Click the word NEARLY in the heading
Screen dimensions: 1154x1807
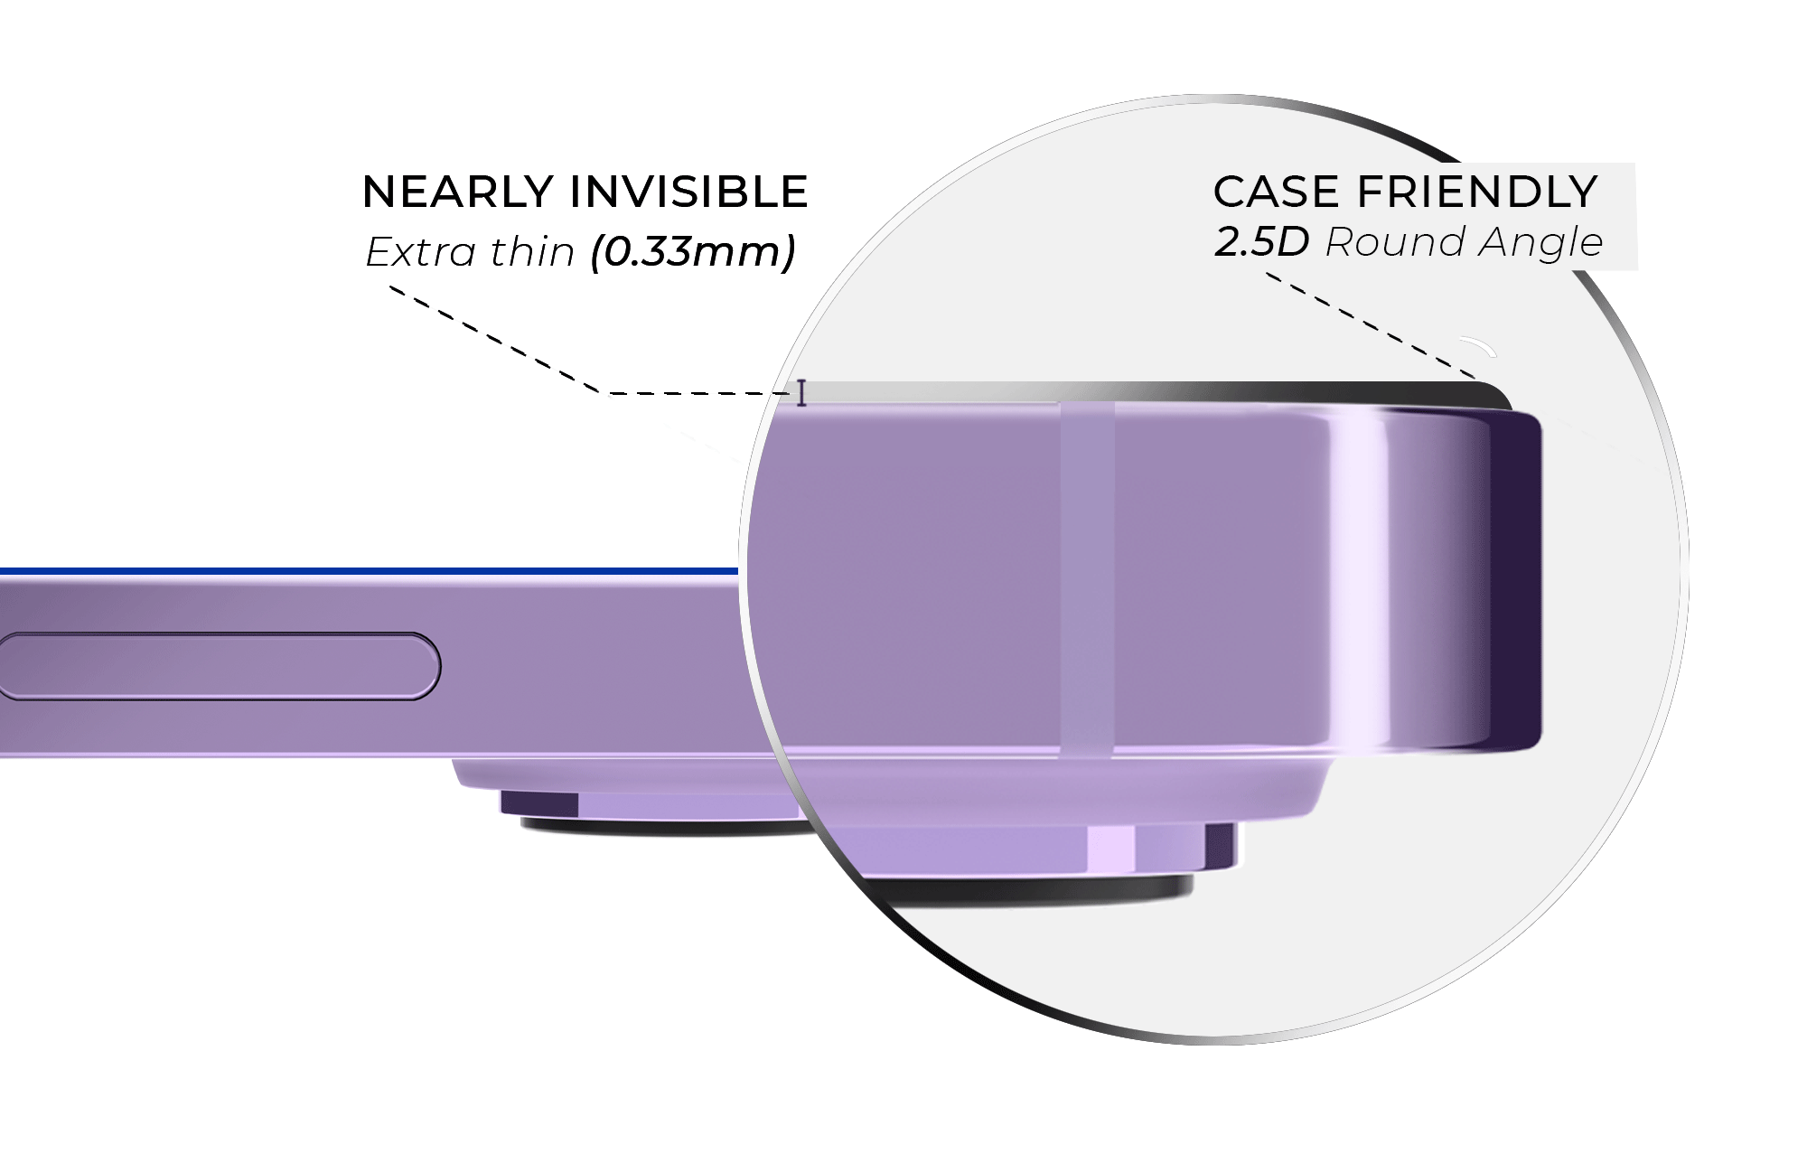(457, 192)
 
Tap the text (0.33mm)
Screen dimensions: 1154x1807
(693, 251)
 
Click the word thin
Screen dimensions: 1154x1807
(532, 252)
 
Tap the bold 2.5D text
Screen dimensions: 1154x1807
(1261, 242)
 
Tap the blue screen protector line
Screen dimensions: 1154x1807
(361, 571)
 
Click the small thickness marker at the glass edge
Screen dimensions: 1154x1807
(801, 393)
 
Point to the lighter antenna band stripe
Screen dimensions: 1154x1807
(1087, 578)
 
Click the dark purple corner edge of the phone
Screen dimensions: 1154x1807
(1518, 578)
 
